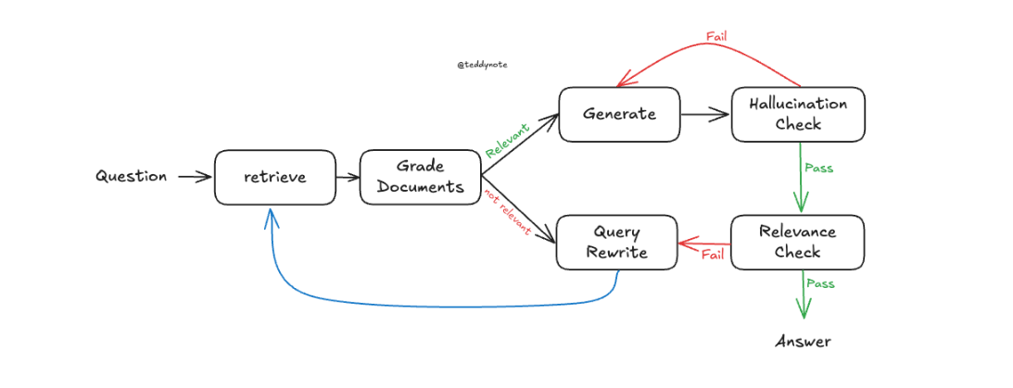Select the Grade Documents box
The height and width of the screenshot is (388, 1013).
coord(420,176)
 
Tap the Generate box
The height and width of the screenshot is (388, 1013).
coord(619,114)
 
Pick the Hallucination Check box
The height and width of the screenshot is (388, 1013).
coord(797,114)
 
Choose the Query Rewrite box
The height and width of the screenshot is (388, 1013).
coord(616,242)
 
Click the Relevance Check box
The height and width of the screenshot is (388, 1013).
coord(797,242)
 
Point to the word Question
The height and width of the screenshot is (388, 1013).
coord(132,176)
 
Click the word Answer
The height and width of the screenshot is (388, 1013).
coord(803,342)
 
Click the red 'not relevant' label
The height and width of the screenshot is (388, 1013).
coord(507,211)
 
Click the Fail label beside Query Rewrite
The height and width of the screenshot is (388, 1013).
coord(712,255)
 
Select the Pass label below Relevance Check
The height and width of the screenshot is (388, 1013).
coord(818,283)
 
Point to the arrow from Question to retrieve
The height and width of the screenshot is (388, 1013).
coord(194,176)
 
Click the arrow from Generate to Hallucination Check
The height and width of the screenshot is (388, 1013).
coord(704,115)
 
